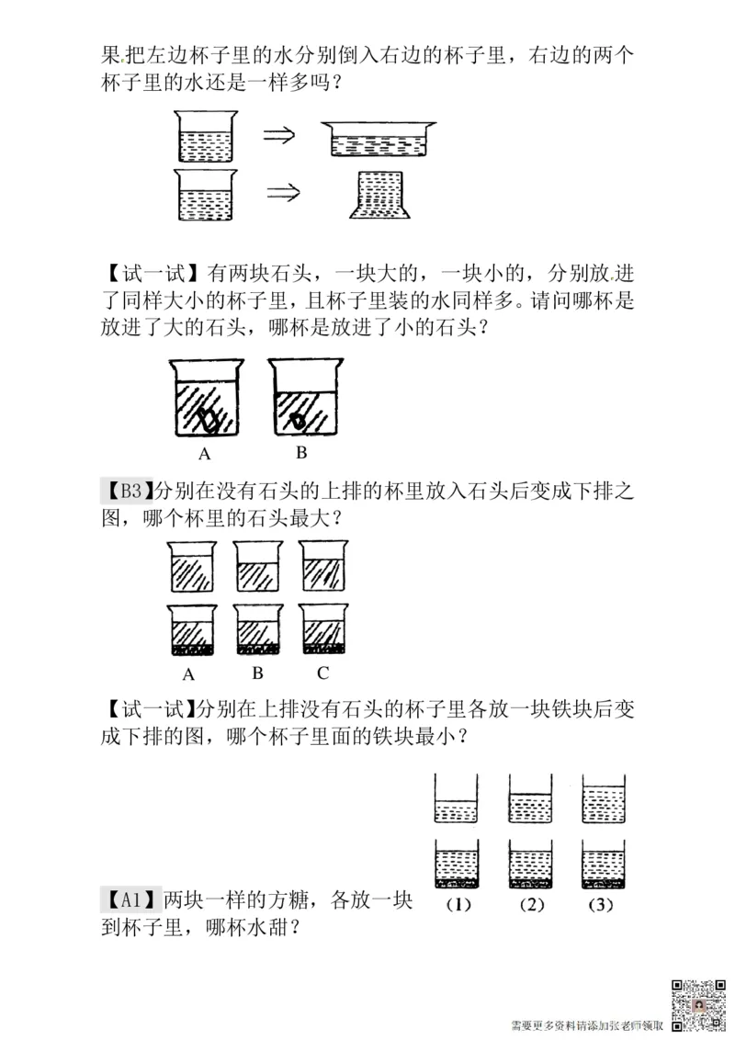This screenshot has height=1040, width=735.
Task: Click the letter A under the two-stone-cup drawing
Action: pyautogui.click(x=205, y=454)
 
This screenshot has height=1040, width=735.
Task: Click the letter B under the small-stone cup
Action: pyautogui.click(x=300, y=453)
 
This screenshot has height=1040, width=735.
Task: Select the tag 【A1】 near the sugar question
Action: pyautogui.click(x=130, y=899)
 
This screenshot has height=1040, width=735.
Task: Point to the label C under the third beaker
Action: pyautogui.click(x=322, y=672)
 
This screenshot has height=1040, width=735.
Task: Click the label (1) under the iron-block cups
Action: pyautogui.click(x=457, y=904)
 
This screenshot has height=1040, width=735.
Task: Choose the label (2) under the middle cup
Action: pyautogui.click(x=531, y=904)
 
